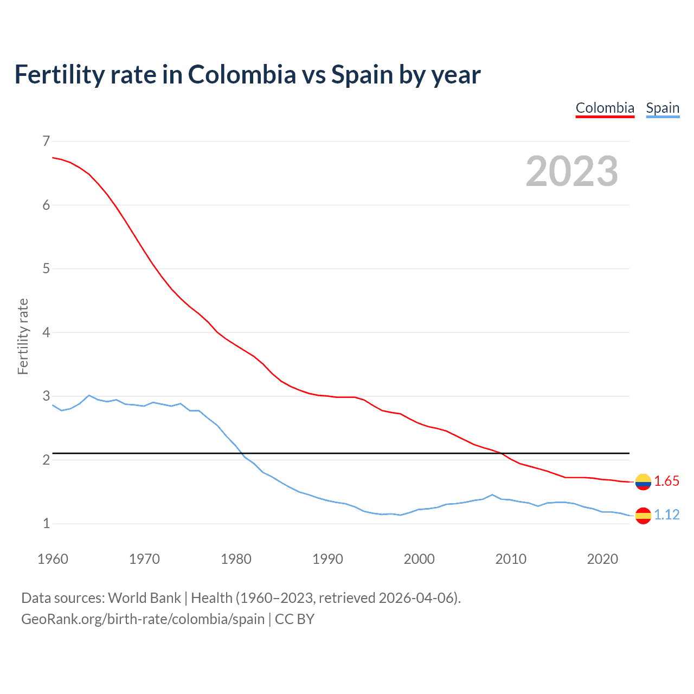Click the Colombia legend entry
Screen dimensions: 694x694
605,108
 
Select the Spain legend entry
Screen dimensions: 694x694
663,108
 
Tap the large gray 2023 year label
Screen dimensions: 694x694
571,171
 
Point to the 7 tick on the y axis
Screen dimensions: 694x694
46,142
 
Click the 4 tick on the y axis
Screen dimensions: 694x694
46,332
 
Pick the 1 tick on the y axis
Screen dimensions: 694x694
46,524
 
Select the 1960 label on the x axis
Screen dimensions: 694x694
53,559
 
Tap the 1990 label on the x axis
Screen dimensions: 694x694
327,559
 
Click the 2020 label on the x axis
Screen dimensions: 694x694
602,559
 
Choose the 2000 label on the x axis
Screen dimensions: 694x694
419,559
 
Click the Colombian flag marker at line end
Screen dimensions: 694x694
643,481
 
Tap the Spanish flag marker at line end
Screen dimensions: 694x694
643,515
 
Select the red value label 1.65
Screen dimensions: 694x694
666,481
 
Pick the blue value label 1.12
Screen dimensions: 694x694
666,515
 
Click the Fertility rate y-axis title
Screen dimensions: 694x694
23,336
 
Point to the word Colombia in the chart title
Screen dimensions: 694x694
242,75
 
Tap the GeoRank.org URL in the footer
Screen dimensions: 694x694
143,619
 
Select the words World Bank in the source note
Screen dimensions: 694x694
144,598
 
